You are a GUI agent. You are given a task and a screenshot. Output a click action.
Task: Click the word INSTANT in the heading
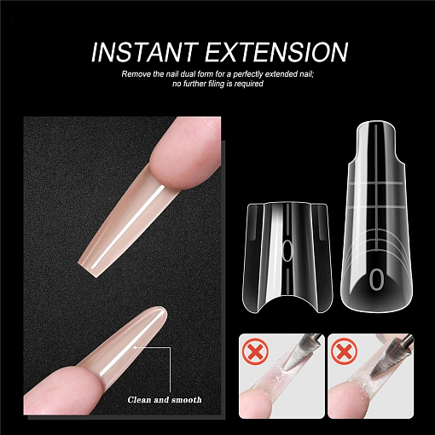pos(145,52)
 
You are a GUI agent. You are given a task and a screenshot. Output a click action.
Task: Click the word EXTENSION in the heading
pos(277,52)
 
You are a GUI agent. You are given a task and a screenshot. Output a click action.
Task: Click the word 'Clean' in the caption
pos(139,400)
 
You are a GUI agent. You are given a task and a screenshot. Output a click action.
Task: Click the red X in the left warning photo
pos(256,352)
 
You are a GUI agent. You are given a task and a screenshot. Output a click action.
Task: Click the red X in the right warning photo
pos(345,352)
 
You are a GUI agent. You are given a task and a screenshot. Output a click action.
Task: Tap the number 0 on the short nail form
pos(287,251)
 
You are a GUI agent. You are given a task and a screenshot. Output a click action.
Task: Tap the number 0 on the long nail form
pos(376,280)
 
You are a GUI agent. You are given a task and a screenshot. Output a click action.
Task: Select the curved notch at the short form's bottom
pos(287,300)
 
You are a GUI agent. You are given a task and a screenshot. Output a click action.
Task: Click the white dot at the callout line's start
pos(136,347)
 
